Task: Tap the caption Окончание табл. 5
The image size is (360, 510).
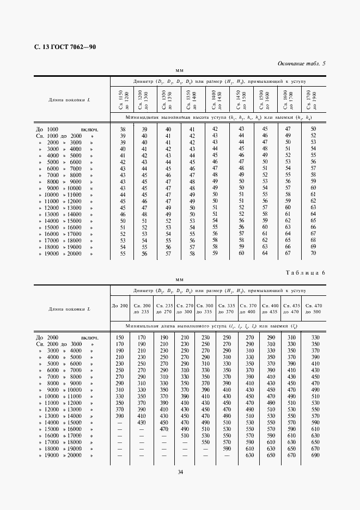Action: click(301, 64)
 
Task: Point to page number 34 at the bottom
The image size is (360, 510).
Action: click(180, 472)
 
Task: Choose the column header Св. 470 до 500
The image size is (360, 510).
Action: click(313, 308)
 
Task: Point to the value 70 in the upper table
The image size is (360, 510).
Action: click(313, 253)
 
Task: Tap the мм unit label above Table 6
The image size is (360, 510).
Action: click(180, 279)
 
